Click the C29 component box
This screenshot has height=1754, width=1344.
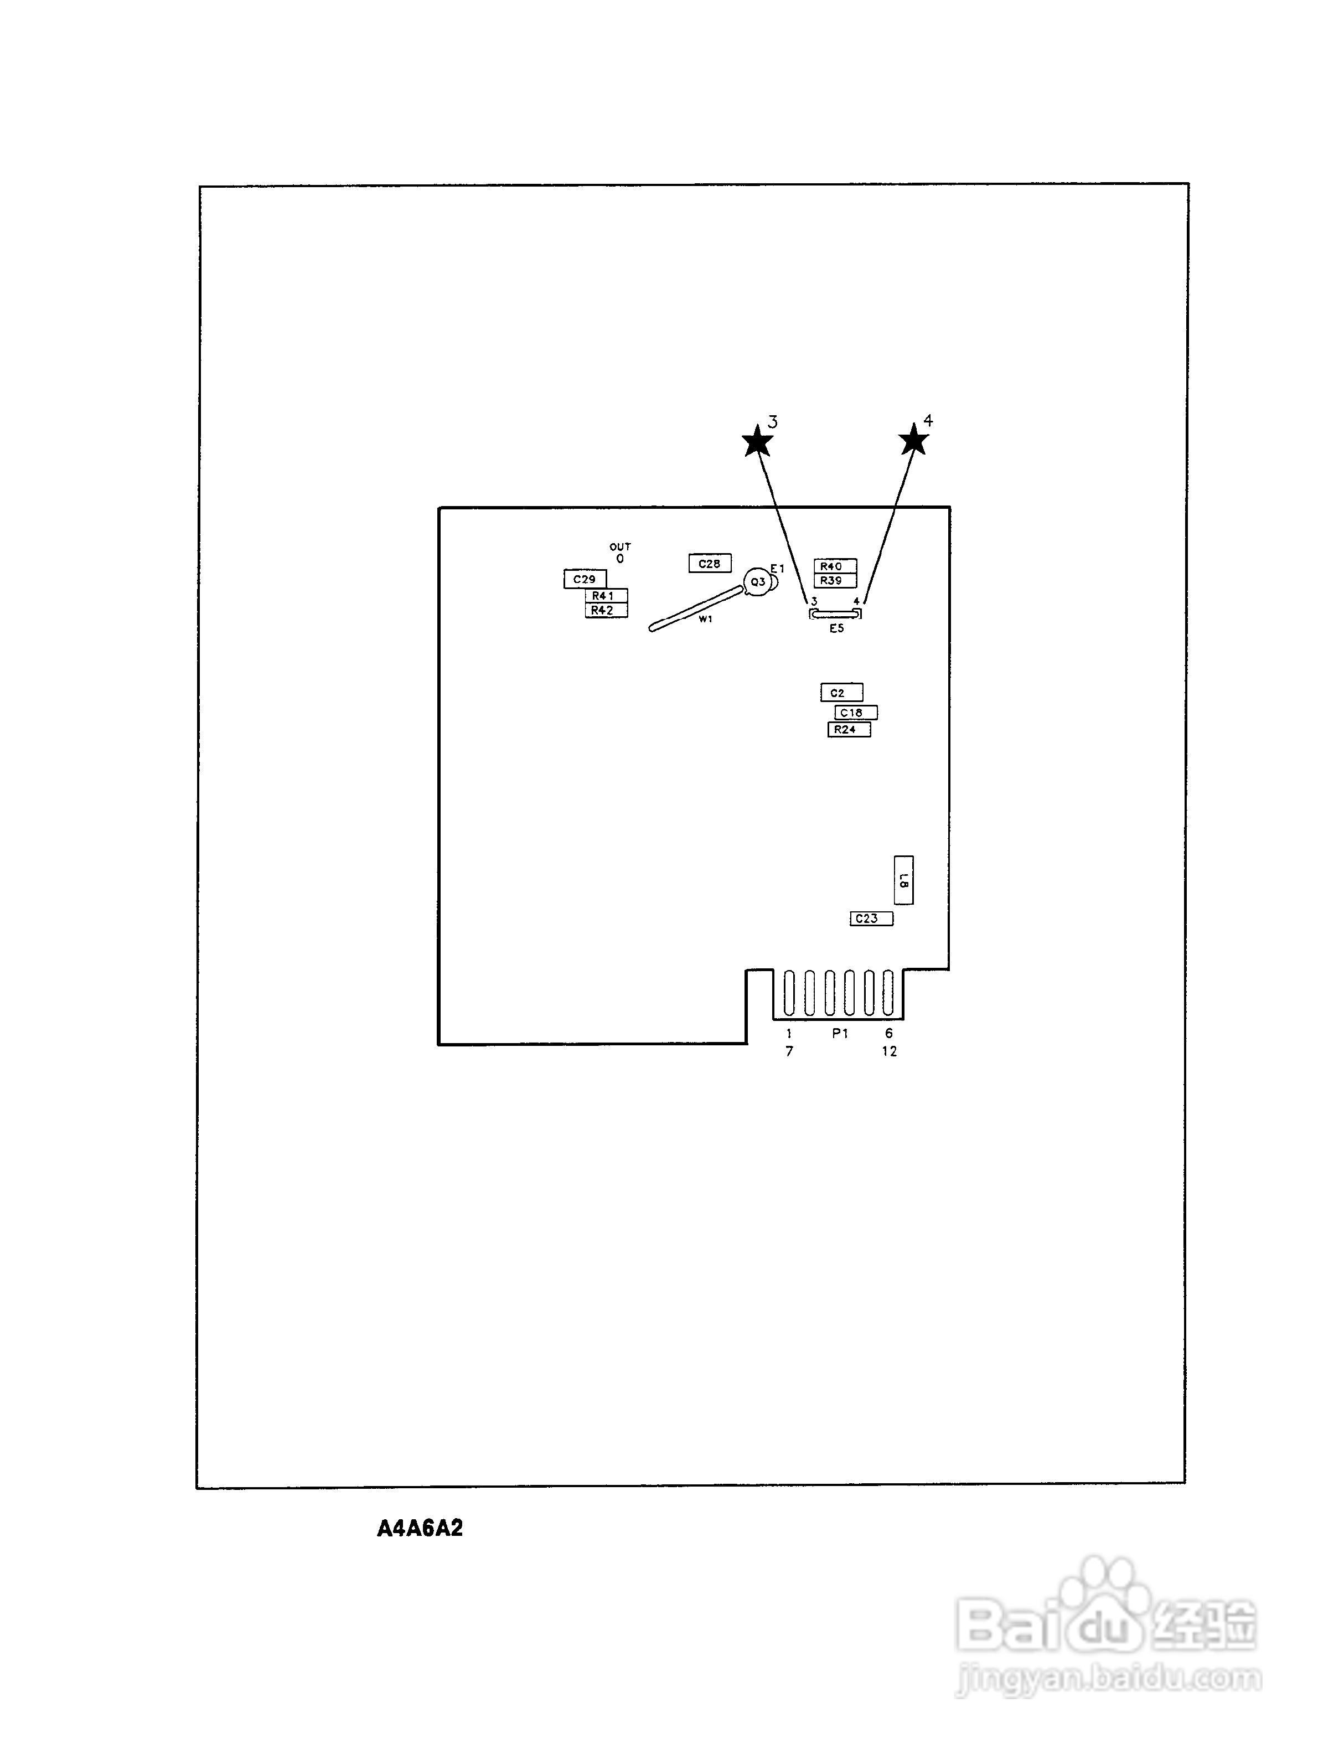coord(585,579)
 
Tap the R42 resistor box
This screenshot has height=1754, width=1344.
coord(606,611)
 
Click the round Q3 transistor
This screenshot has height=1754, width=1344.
coord(757,582)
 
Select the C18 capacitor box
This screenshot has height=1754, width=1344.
coord(855,712)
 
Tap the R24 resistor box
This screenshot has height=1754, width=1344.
coord(849,730)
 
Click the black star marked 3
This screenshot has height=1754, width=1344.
coord(757,442)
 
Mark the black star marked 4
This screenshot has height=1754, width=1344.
coord(913,440)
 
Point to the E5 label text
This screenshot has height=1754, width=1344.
coord(836,629)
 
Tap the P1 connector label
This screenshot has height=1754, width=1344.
coord(839,1033)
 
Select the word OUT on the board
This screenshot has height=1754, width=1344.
coord(620,546)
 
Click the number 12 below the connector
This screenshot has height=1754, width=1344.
coord(890,1051)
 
